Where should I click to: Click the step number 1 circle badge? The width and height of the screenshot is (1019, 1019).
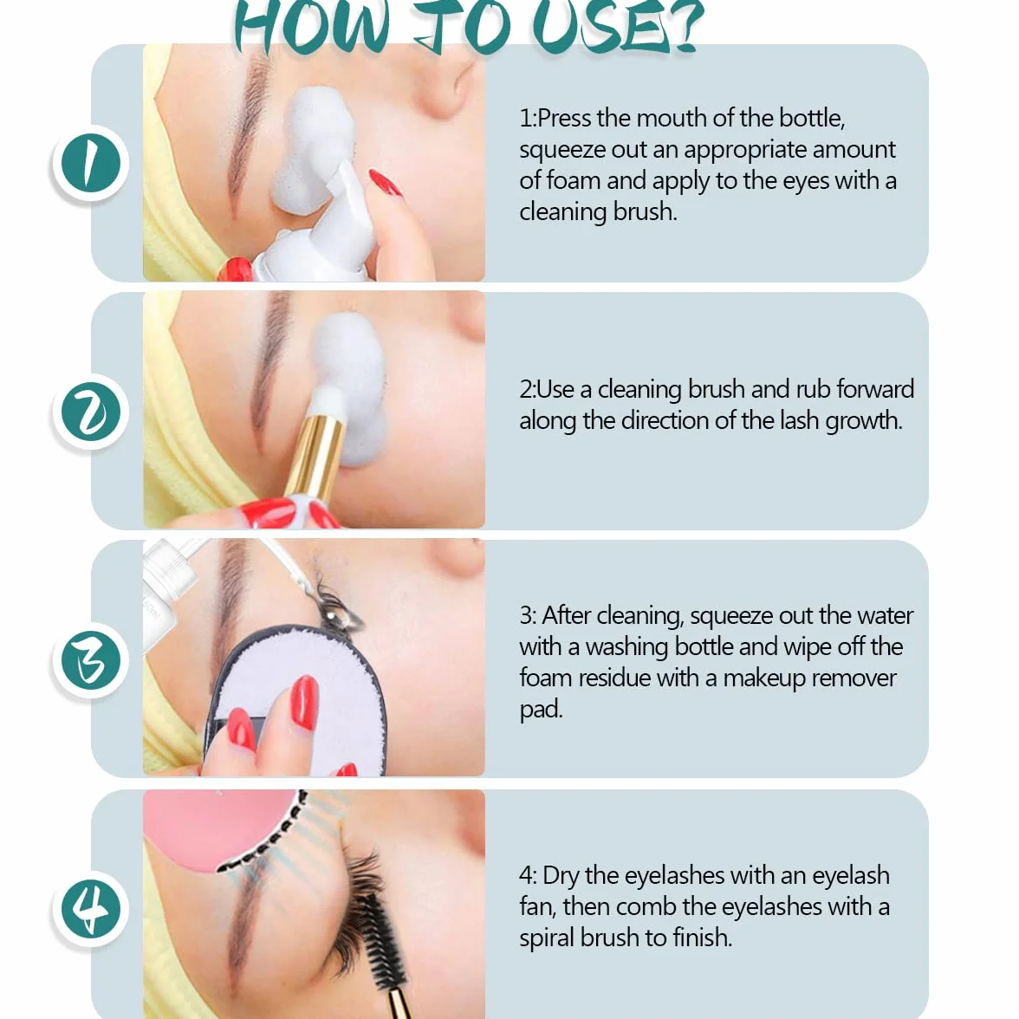point(91,163)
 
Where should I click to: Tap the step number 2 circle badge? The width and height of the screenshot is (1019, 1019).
point(91,412)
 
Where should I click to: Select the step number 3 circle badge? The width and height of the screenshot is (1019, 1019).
point(91,660)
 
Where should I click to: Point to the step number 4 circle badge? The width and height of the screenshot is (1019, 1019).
point(91,908)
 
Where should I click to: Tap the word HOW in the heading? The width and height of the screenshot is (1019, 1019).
point(313,29)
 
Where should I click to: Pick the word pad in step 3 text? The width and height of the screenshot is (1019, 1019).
point(541,709)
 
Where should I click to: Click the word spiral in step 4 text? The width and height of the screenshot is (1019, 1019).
point(547,938)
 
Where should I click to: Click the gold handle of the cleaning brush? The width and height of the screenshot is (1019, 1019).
point(315,456)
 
